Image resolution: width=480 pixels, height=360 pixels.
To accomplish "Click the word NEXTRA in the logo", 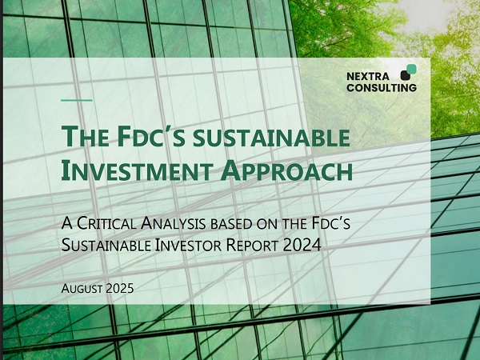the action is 368,76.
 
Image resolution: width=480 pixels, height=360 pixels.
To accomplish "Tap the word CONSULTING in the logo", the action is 382,88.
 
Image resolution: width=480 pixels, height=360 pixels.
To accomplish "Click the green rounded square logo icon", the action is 411,69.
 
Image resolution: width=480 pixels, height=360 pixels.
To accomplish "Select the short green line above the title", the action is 77,100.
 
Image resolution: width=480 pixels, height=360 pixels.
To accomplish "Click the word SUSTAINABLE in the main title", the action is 271,138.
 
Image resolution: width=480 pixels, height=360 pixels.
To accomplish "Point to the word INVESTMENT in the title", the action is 137,171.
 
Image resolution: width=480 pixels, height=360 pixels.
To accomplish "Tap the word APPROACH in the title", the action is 286,171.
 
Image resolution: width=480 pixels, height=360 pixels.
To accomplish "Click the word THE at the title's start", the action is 86,137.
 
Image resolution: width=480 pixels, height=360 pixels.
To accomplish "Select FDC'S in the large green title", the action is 151,137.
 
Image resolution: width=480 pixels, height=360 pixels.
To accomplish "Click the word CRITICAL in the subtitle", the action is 106,223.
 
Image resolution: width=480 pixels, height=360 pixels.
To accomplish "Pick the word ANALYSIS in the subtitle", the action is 173,223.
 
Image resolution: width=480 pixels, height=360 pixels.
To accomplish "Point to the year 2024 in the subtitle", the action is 302,245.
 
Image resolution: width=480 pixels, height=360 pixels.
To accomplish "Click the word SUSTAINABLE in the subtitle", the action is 106,245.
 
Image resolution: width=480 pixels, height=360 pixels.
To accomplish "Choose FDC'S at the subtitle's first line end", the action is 331,223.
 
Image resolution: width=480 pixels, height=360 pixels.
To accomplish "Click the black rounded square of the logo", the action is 406,75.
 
